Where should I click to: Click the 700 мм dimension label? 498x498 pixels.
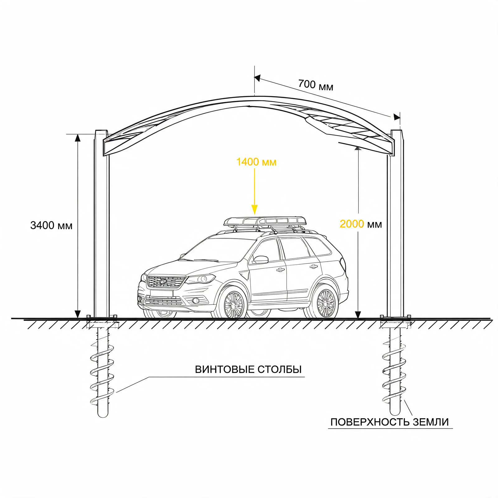tap(316, 85)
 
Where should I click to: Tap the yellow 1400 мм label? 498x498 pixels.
tap(256, 162)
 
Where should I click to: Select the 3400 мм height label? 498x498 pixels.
tap(51, 225)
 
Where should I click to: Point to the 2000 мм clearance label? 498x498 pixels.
tap(361, 224)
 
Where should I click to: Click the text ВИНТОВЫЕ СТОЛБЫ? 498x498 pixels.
tap(248, 369)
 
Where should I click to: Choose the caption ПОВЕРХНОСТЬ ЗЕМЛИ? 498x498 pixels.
tap(389, 422)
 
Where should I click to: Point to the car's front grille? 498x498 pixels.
tap(166, 281)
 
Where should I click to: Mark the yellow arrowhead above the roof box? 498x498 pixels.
tap(255, 210)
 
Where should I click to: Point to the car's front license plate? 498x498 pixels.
tap(161, 293)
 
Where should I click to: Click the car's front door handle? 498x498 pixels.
tap(280, 270)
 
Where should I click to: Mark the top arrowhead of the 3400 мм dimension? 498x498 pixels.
tap(78, 138)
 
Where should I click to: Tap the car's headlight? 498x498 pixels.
tap(201, 279)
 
